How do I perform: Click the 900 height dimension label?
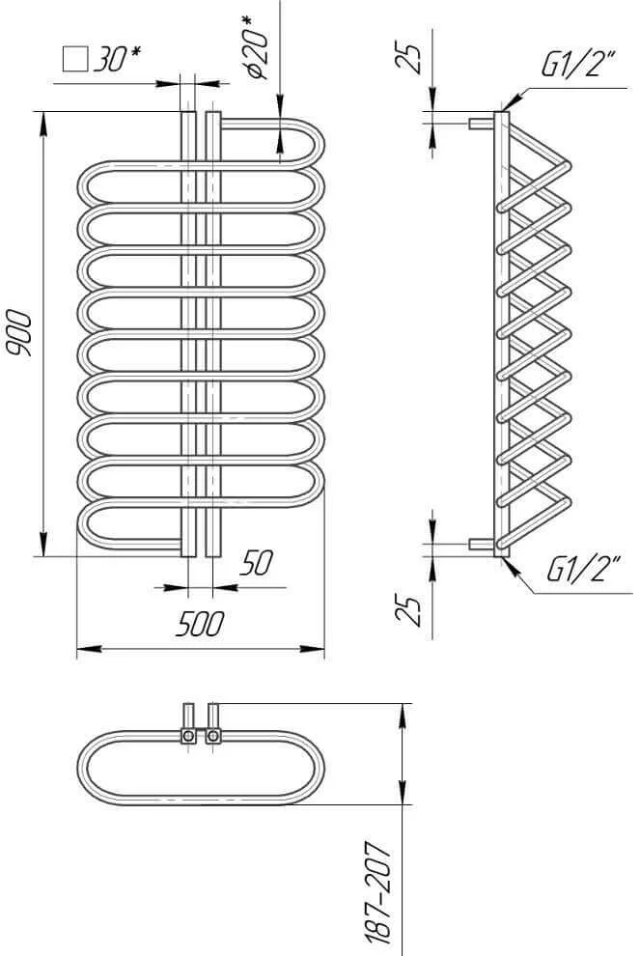click(17, 333)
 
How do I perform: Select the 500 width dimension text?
click(200, 625)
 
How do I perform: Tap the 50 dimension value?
click(257, 563)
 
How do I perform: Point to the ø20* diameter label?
click(257, 48)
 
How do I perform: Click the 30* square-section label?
click(117, 59)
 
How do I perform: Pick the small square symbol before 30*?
click(75, 60)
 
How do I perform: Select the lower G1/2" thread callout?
click(583, 570)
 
